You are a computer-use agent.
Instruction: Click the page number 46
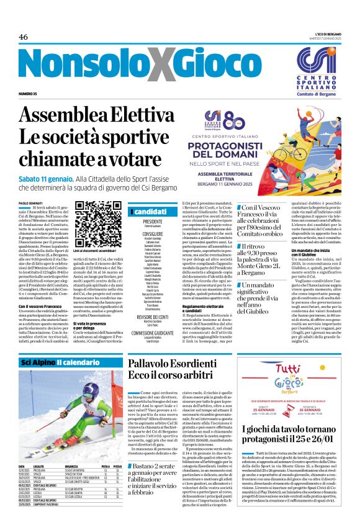coord(24,37)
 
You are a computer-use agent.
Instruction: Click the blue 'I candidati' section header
coord(151,212)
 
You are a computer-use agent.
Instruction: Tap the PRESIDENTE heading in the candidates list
coord(152,221)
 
